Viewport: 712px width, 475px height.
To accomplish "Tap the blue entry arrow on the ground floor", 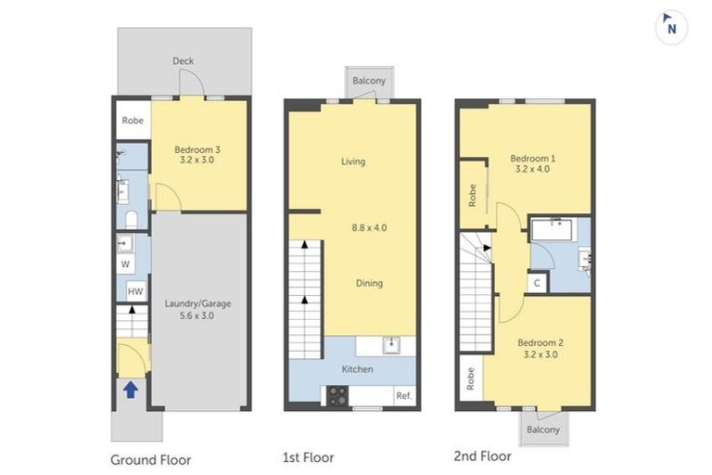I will point(131,391).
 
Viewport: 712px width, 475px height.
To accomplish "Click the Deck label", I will point(183,62).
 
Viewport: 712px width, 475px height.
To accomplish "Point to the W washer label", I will point(125,263).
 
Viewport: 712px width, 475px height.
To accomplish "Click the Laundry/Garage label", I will point(197,307).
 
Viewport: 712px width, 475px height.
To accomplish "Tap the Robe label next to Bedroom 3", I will point(133,121).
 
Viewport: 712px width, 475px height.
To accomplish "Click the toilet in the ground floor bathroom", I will point(131,219).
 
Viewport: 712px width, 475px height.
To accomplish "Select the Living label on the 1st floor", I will point(353,161).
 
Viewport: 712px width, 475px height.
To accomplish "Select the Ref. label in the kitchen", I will point(403,395).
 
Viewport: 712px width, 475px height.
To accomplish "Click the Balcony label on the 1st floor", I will point(369,82).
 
